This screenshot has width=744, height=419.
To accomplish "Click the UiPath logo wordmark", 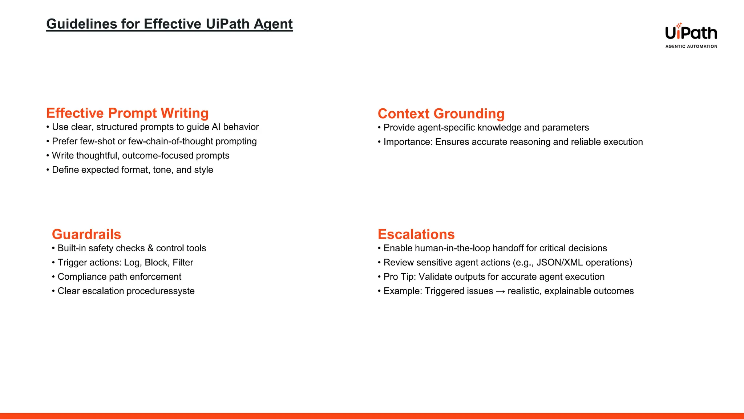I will point(691,33).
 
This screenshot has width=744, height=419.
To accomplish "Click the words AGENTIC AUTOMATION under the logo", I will point(691,46).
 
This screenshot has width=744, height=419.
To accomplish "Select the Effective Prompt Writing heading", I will point(127,113).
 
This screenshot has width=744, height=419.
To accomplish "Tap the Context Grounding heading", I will point(441,114).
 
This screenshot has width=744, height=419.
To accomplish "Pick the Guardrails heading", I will point(86,234).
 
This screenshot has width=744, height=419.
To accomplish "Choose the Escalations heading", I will point(416,234).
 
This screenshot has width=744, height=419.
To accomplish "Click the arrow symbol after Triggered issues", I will point(500,291).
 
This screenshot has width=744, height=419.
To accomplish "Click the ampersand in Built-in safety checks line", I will point(150,248).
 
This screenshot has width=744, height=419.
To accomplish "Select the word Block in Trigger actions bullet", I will point(156,263).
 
